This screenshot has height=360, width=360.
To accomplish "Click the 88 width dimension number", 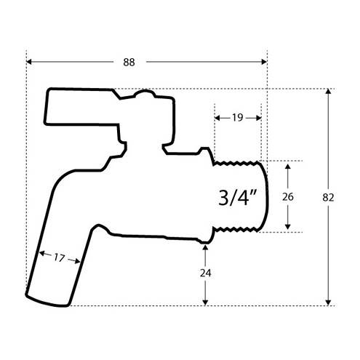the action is [x=129, y=63].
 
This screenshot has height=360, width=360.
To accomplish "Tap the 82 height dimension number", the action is [x=328, y=198].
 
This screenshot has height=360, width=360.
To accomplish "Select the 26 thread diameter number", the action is [x=288, y=196].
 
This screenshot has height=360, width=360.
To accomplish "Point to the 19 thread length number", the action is [x=238, y=118].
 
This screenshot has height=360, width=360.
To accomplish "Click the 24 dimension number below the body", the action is [x=205, y=273].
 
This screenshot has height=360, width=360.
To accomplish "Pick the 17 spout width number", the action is [x=59, y=257].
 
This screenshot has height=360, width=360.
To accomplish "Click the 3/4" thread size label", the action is [x=237, y=198].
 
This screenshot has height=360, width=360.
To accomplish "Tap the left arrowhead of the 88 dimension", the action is [x=28, y=62].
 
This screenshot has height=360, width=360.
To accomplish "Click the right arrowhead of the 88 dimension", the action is [x=264, y=62].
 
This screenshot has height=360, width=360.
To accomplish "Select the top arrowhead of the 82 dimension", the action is [x=328, y=92].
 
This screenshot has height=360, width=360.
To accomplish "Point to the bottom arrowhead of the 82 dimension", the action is [x=328, y=303].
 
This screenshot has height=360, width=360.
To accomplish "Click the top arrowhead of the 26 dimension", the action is [x=288, y=167].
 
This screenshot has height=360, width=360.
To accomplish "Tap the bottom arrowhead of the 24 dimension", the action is [x=205, y=303].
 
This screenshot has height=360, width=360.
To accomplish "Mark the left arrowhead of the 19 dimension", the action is [x=217, y=118].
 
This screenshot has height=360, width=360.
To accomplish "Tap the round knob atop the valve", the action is [x=145, y=94].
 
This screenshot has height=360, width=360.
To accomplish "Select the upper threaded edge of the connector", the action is [x=236, y=162].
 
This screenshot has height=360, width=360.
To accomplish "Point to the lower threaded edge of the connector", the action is [x=235, y=229].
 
